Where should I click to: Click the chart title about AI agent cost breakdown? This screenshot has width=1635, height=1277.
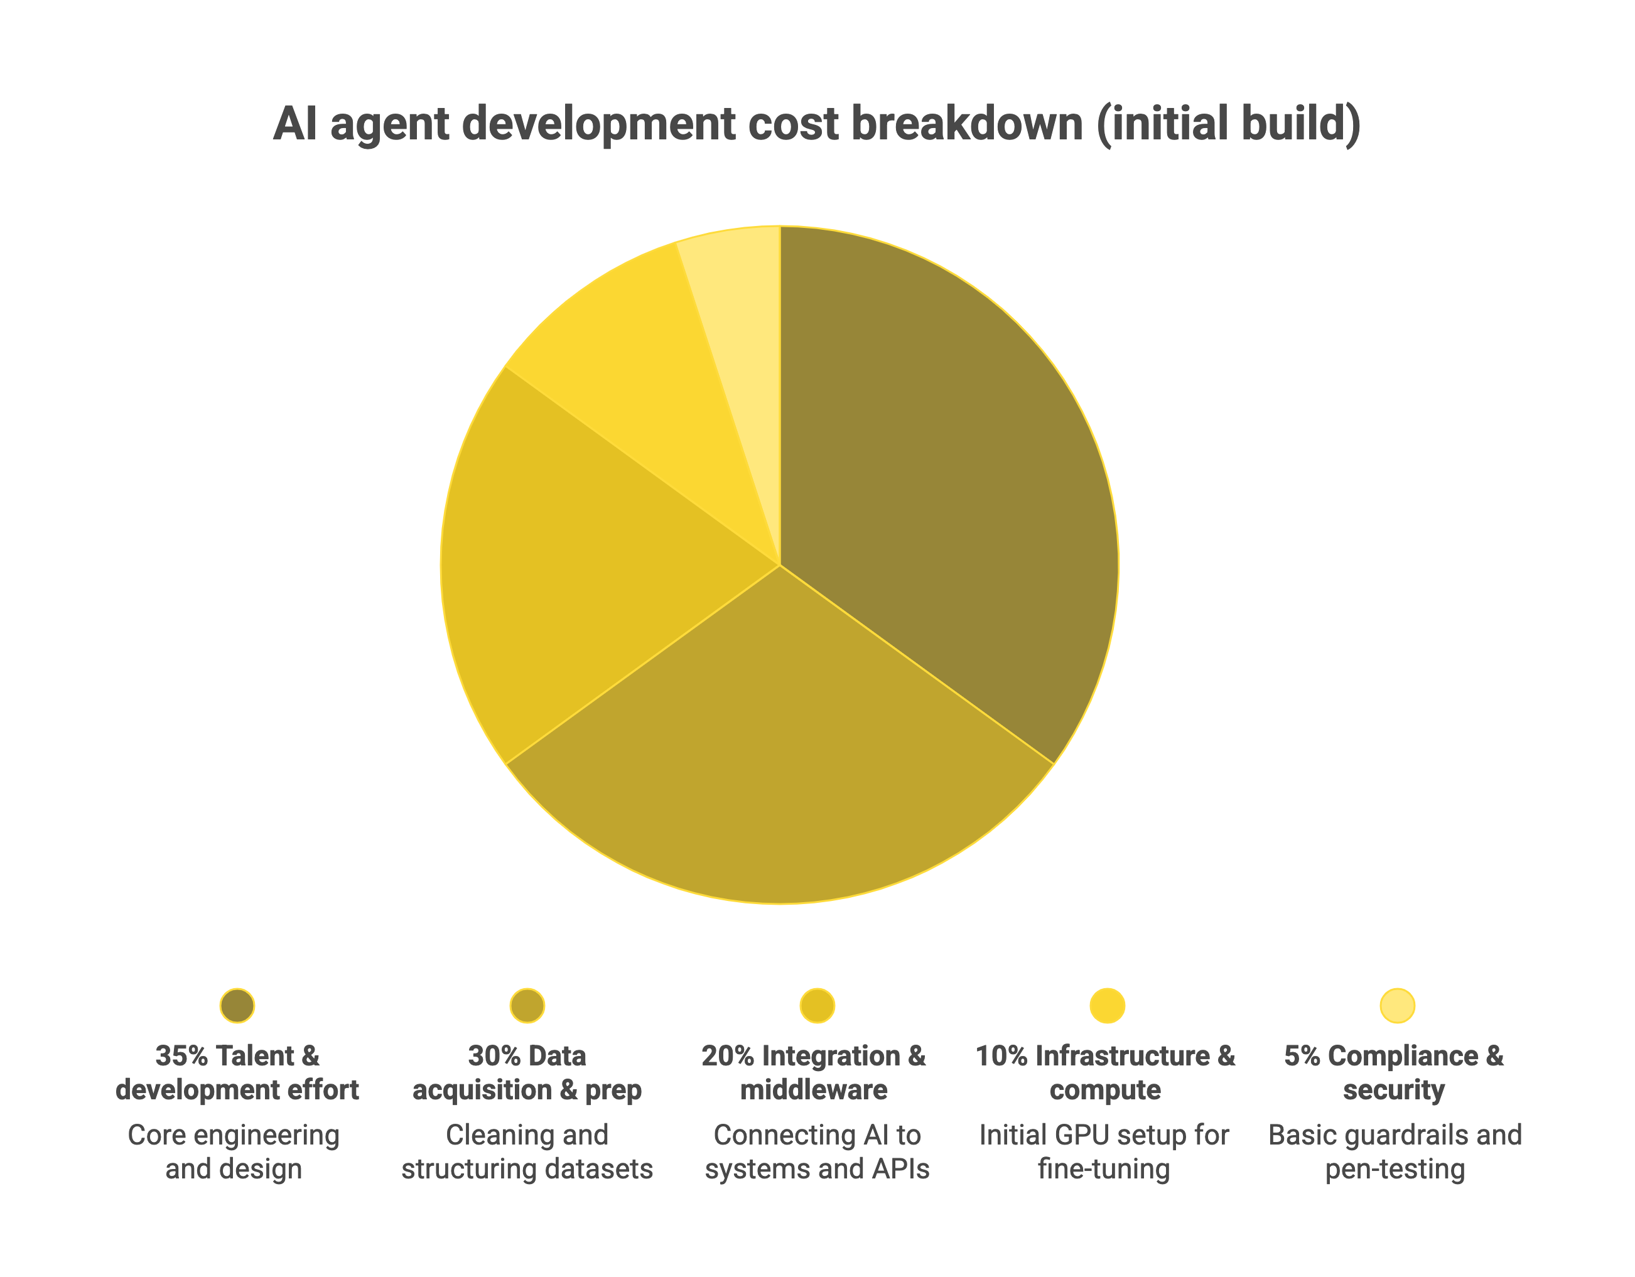tap(817, 124)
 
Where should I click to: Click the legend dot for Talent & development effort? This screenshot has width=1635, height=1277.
tap(237, 1005)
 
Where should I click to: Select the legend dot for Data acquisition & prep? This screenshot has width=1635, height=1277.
tap(527, 1005)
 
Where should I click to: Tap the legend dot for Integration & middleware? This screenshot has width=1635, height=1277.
tap(817, 1005)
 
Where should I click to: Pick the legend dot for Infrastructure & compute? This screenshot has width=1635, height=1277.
tap(1106, 1005)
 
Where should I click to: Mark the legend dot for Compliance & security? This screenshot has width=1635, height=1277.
tap(1397, 1005)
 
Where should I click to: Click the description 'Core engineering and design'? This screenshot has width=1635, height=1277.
tap(234, 1152)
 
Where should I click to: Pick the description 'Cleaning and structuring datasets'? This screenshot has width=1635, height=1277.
tap(527, 1152)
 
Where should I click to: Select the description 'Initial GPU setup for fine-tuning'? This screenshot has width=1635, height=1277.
tap(1103, 1152)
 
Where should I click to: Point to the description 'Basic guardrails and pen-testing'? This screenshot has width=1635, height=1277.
tap(1395, 1152)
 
